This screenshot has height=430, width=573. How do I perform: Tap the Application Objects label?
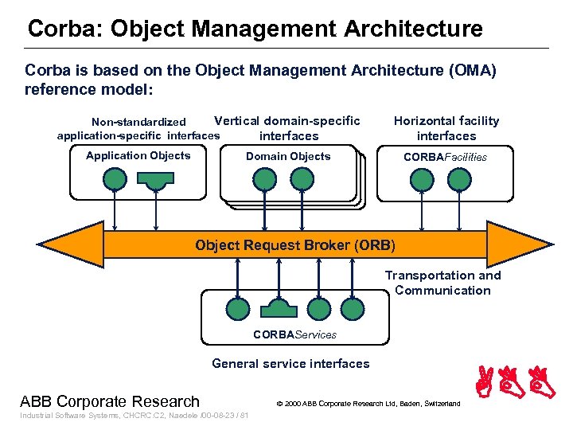click(x=138, y=156)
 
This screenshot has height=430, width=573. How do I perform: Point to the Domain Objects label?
click(x=287, y=157)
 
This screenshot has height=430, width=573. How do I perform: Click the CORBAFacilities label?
click(x=445, y=157)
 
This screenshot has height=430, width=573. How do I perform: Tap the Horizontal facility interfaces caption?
click(x=446, y=128)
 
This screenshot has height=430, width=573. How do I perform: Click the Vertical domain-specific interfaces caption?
click(x=287, y=128)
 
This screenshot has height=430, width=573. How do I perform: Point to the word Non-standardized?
click(x=138, y=122)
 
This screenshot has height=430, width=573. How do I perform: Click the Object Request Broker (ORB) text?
click(x=294, y=244)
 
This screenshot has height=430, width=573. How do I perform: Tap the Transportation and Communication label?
click(x=442, y=283)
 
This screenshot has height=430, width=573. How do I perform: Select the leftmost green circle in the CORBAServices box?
click(x=238, y=308)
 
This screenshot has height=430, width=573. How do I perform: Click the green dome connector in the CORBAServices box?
click(x=279, y=309)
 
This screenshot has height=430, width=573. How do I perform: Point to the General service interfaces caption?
click(x=290, y=364)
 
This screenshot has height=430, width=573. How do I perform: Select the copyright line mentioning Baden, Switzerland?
click(x=368, y=404)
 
